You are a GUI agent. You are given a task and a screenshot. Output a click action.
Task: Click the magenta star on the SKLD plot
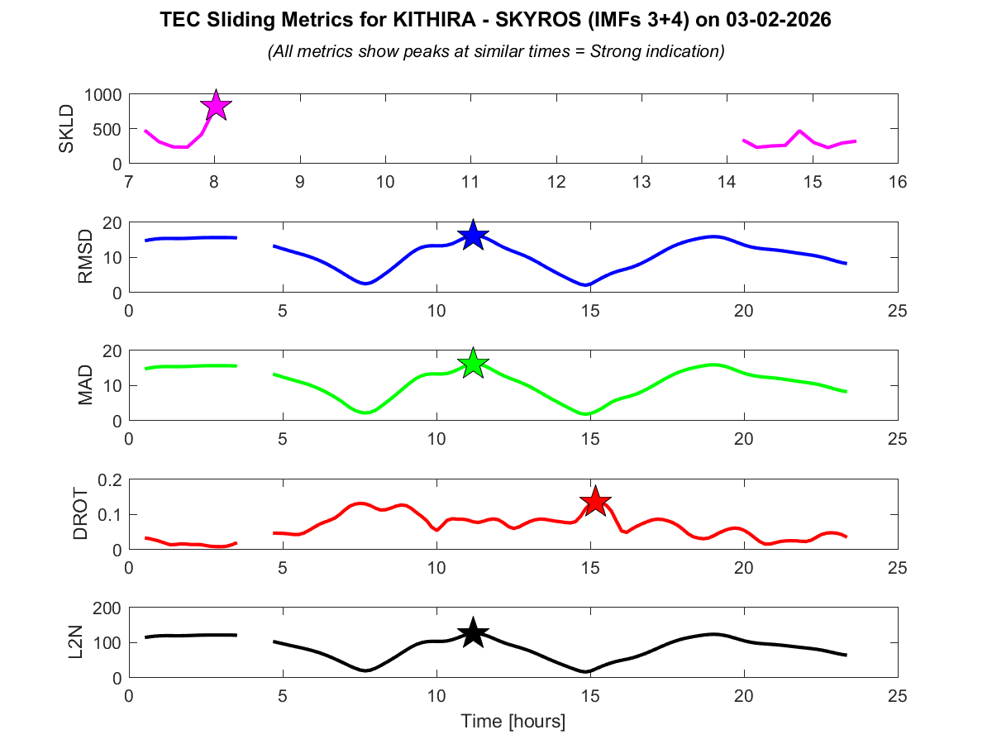pos(216,106)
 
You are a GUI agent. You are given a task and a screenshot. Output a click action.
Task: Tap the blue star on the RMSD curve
pos(473,236)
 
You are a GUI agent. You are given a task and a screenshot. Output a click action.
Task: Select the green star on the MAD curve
pos(473,363)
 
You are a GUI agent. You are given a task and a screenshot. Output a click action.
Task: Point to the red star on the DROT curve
pos(596,501)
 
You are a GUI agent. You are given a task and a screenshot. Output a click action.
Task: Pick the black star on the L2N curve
pos(473,633)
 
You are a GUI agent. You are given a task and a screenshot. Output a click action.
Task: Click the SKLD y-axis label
pos(67,129)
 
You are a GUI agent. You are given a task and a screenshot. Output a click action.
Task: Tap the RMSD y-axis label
pos(85,257)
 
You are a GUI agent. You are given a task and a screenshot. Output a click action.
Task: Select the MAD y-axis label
pos(85,385)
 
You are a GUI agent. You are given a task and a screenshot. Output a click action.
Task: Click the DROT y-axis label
pos(80,514)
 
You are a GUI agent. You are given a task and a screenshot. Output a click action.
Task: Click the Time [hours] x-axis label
pos(513,722)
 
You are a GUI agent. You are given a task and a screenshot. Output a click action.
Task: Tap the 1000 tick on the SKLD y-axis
pos(102,95)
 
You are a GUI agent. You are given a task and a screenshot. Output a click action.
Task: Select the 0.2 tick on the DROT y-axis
pos(108,480)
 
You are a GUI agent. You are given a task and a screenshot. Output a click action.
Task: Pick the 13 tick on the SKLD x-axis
pos(641,182)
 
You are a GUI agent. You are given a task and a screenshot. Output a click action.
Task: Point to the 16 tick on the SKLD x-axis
pos(898,182)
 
